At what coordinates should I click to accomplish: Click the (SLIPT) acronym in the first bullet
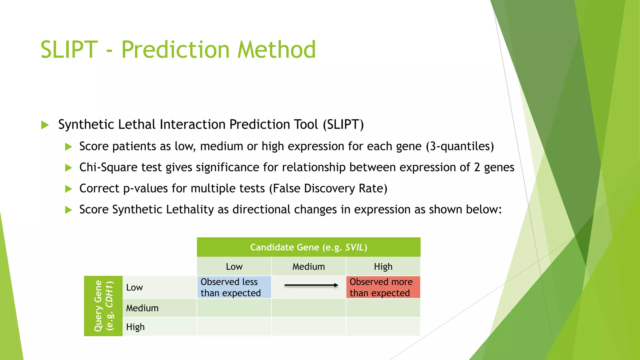[x=343, y=124]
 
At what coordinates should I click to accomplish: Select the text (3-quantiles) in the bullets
[x=460, y=146]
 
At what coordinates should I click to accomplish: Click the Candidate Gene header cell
[x=308, y=247]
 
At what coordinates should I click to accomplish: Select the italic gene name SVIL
[x=354, y=247]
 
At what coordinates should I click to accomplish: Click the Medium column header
[x=308, y=267]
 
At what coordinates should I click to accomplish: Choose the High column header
[x=383, y=267]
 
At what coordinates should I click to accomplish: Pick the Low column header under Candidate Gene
[x=234, y=267]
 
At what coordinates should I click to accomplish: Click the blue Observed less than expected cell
[x=234, y=287]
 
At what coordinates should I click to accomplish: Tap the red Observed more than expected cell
[x=383, y=287]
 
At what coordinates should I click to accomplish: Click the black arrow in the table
[x=311, y=285]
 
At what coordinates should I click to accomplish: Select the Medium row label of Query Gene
[x=142, y=308]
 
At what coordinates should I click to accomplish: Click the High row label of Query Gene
[x=135, y=327]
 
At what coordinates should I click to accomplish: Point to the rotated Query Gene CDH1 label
[x=103, y=306]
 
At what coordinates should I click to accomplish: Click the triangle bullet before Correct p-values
[x=68, y=189]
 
